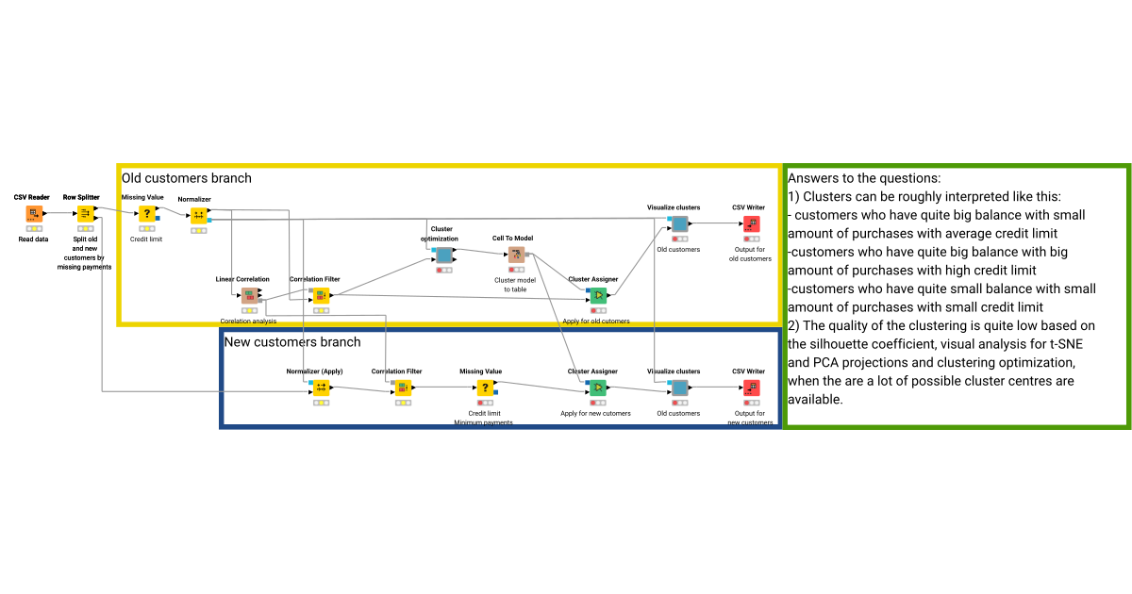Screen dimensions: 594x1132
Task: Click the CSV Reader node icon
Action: pos(33,214)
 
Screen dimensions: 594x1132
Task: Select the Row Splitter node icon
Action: pos(84,214)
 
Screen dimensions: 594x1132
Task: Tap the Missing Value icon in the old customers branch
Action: pos(146,214)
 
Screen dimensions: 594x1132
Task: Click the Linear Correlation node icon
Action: pos(249,296)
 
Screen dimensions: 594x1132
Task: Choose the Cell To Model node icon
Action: pos(515,255)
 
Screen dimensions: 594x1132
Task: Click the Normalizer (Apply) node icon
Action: pos(321,388)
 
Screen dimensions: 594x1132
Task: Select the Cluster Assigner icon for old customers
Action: pos(598,295)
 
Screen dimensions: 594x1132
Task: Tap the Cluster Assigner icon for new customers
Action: pos(598,388)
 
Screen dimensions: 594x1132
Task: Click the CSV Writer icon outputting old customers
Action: pos(751,223)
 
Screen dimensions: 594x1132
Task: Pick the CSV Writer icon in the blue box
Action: pos(751,388)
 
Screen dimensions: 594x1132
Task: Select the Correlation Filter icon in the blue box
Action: pos(403,388)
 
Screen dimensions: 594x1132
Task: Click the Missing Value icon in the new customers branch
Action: pos(485,388)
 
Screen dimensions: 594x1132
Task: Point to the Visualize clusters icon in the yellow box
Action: pos(679,223)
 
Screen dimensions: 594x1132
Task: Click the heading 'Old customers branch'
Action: pos(187,178)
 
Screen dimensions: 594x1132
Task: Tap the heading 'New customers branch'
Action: pos(292,341)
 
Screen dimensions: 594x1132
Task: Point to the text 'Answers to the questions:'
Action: pos(864,178)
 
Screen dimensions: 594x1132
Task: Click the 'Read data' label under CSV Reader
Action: pos(33,239)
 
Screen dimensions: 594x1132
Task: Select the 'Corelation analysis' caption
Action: pos(249,322)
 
